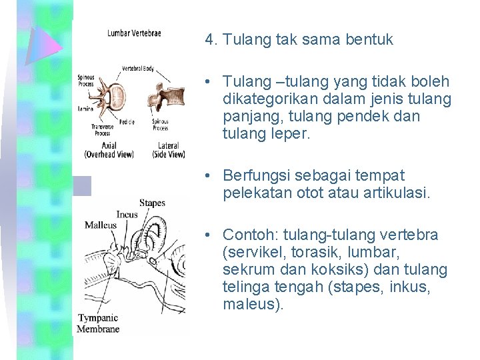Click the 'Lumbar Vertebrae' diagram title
click(x=134, y=33)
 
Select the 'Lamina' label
click(x=85, y=107)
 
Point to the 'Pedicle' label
click(x=127, y=122)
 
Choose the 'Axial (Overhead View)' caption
click(x=109, y=150)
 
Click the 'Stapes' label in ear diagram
click(x=152, y=203)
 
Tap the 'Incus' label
click(x=127, y=214)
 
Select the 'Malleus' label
click(x=100, y=225)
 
